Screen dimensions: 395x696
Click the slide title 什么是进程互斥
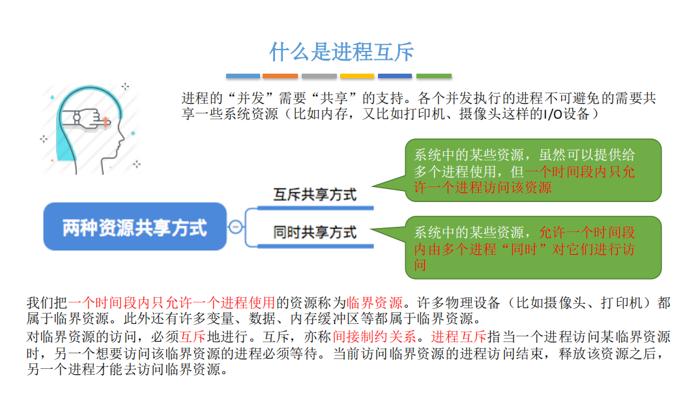pos(341,52)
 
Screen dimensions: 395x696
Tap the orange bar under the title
pos(280,76)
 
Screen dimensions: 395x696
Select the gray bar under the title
pos(319,76)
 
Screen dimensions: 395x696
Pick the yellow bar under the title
pos(356,76)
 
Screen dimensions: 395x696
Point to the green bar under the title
pos(433,76)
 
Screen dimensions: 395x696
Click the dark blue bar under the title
pos(395,76)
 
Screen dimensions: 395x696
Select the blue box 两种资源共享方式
pos(135,227)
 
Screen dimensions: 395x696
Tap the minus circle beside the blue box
pos(236,227)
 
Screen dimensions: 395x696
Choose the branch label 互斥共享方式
pos(315,194)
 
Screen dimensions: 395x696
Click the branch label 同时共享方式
pos(315,232)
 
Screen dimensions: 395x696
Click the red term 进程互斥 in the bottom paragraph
pos(458,338)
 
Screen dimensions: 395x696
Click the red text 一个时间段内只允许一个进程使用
pos(172,303)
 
